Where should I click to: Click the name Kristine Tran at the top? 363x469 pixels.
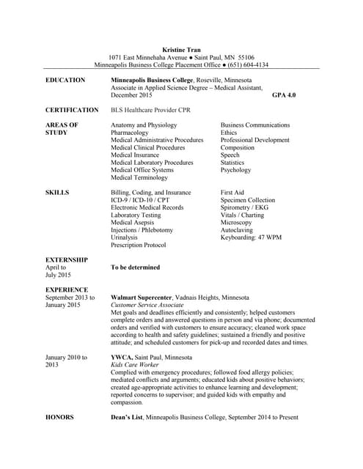point(181,49)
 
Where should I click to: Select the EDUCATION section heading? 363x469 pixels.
point(66,80)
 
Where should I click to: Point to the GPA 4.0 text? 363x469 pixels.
point(284,95)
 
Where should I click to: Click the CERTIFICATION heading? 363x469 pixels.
point(72,110)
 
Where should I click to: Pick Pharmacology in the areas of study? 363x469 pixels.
point(133,133)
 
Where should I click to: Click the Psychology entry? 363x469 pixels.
point(235,170)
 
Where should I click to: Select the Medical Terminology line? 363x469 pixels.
point(139,177)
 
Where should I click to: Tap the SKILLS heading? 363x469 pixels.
point(57,193)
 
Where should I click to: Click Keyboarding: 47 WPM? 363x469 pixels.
point(251,237)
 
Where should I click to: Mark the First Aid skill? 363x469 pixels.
point(232,193)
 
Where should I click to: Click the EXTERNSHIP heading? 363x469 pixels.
point(67,260)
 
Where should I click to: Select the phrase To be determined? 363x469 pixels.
point(135,267)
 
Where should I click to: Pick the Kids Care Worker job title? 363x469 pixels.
point(135,365)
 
